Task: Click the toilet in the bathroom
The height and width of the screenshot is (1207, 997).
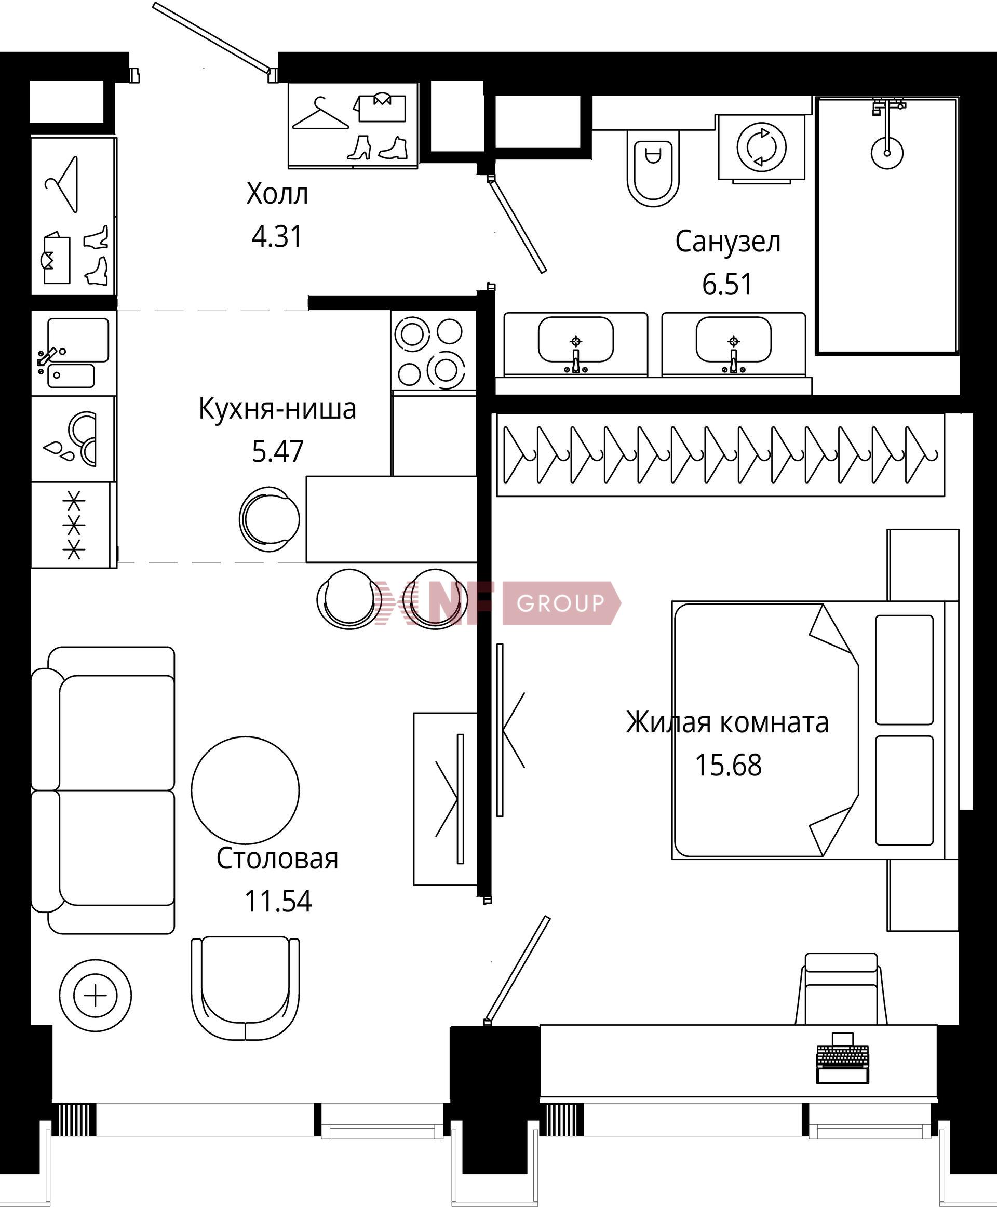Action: (x=653, y=167)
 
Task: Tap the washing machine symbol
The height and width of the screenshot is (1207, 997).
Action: (x=761, y=147)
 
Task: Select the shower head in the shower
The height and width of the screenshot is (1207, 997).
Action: (x=887, y=152)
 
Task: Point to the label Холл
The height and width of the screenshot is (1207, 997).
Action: (x=277, y=194)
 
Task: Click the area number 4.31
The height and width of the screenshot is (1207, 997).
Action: (x=277, y=237)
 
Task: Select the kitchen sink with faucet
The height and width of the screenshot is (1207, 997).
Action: (x=74, y=353)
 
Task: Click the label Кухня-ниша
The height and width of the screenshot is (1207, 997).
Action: (x=277, y=409)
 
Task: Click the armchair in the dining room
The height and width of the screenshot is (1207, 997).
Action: (x=245, y=987)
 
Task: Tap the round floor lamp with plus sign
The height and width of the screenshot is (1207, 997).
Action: (x=96, y=995)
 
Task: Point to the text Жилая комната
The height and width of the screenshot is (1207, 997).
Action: (x=727, y=723)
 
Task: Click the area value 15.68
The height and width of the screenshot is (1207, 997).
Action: (x=728, y=765)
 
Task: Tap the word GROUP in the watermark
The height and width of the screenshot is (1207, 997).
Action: (x=560, y=603)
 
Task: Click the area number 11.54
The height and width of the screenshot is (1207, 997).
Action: (x=278, y=902)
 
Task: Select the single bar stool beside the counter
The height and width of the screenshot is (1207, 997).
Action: (x=270, y=518)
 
